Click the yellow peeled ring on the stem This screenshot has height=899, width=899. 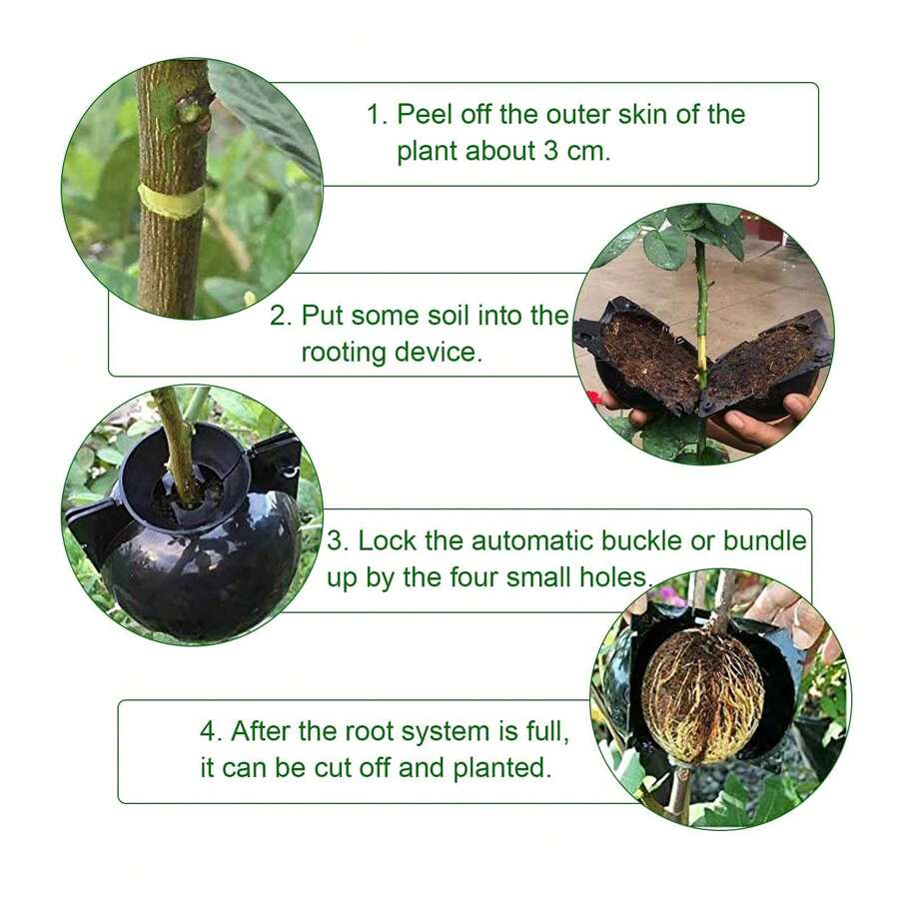[171, 200]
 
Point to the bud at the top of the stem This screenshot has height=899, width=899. [189, 108]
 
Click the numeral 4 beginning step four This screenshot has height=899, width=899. [209, 731]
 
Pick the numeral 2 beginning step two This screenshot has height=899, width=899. [279, 317]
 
